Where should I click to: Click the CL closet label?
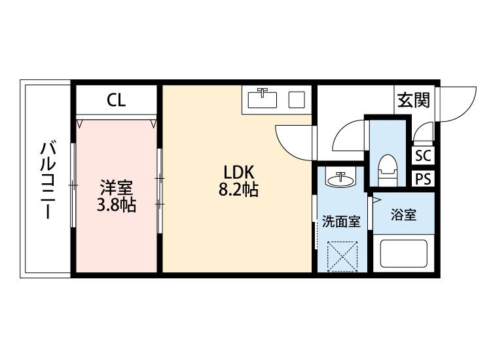(x=117, y=101)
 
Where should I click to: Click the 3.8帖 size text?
(x=117, y=205)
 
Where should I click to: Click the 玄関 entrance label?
(x=412, y=101)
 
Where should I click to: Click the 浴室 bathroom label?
(x=403, y=215)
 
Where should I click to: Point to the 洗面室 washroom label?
(x=340, y=221)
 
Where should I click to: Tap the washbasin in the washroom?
(x=340, y=179)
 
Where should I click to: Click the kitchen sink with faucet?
(x=263, y=99)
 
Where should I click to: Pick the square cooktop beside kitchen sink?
(x=297, y=100)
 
